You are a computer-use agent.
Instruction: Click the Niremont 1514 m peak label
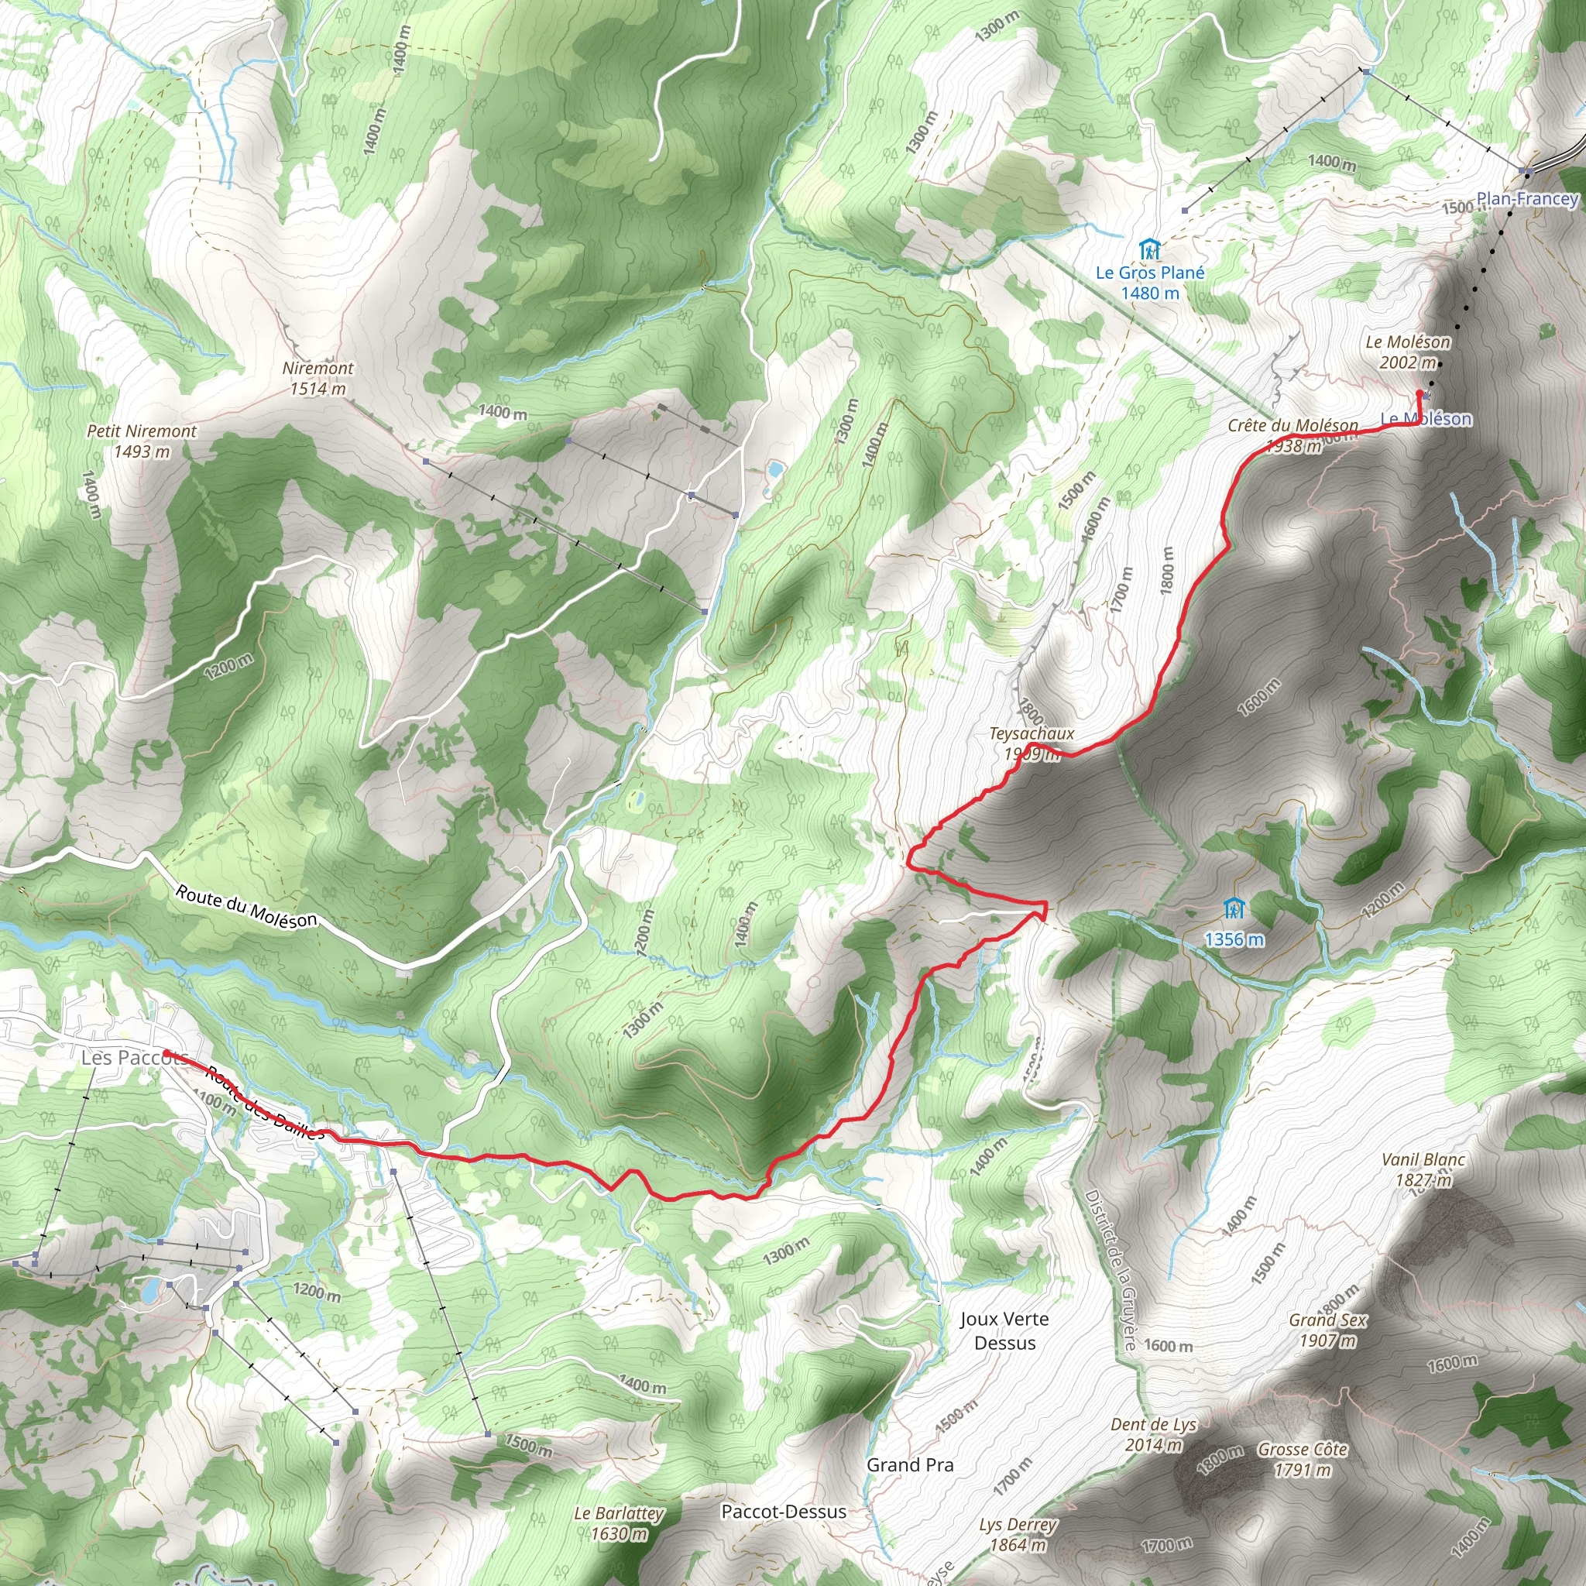(x=318, y=379)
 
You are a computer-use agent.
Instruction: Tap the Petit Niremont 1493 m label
(x=142, y=441)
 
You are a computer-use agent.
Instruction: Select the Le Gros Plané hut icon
(x=1149, y=249)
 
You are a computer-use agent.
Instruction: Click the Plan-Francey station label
(x=1527, y=199)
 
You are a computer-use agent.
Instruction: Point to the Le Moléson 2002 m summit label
(x=1408, y=352)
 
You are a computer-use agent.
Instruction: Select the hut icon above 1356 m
(x=1233, y=908)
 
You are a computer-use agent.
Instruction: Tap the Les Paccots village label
(x=134, y=1057)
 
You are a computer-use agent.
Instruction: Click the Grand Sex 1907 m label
(x=1327, y=1330)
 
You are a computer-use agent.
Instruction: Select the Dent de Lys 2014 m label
(x=1153, y=1434)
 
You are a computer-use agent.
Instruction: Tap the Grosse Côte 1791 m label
(x=1303, y=1459)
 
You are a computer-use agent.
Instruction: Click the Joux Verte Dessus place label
(x=1004, y=1330)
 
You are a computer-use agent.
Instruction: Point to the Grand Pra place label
(x=911, y=1465)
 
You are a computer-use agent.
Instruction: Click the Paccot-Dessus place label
(x=783, y=1512)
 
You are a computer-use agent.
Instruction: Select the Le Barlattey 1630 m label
(x=619, y=1522)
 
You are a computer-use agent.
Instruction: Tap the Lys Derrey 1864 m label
(x=1018, y=1534)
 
